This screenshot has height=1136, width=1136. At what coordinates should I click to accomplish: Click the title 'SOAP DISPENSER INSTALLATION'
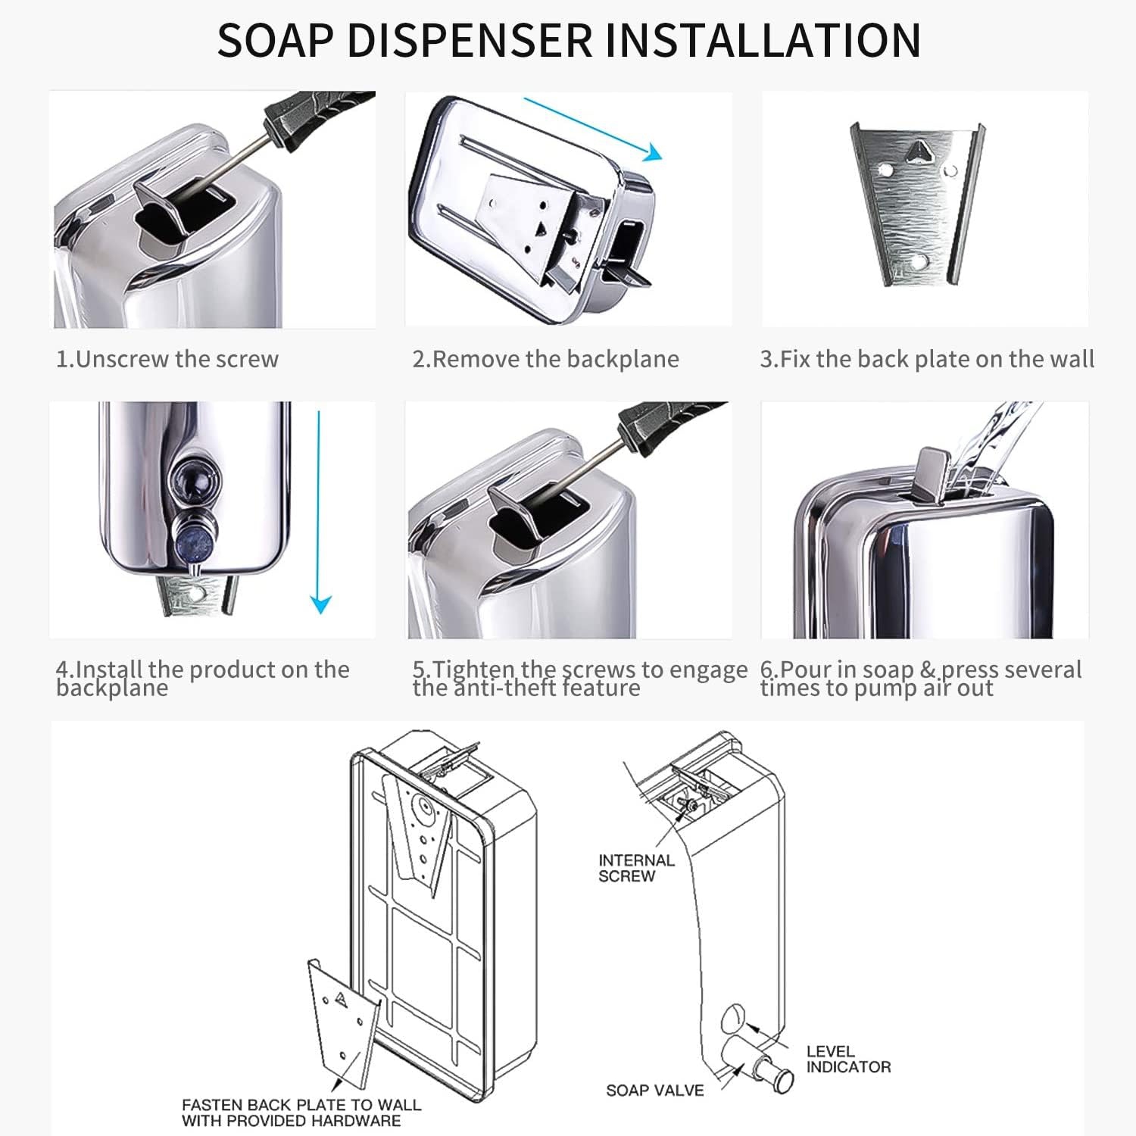(568, 40)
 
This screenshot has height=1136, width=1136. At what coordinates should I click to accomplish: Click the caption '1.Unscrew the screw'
(167, 359)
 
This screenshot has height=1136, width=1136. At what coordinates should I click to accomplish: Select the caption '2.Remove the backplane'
(545, 359)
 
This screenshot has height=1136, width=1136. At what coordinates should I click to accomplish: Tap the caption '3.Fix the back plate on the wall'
(927, 359)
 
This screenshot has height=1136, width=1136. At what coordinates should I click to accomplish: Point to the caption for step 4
(202, 678)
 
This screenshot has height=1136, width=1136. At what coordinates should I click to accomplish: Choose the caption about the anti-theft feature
(579, 678)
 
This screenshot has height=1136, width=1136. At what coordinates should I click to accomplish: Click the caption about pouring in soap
(921, 678)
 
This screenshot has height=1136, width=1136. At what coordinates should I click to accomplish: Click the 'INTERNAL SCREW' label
(635, 868)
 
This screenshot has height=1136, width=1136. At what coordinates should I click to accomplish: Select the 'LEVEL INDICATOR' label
(848, 1059)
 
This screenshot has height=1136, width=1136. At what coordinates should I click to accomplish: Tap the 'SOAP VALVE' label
(654, 1091)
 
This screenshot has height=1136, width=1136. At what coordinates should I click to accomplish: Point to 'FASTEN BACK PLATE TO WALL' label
(301, 1113)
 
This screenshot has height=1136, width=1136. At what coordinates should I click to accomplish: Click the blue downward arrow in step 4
(320, 515)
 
